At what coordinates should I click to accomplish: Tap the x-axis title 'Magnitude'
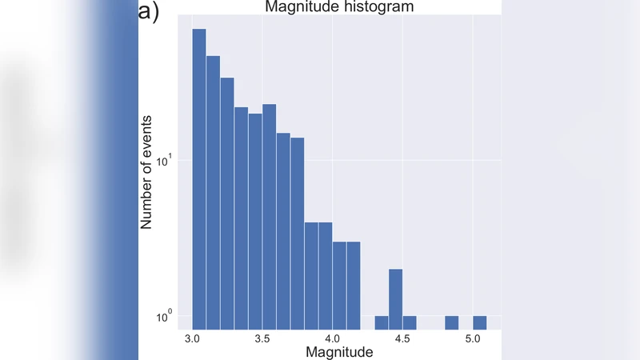(340, 352)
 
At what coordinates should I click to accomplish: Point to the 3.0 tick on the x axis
(192, 338)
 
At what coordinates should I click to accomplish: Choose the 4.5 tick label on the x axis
(402, 338)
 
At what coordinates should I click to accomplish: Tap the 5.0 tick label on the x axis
(473, 338)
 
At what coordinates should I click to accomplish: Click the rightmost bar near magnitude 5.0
(479, 322)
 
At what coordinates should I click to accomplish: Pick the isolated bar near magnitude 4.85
(451, 322)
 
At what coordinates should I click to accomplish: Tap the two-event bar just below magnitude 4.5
(395, 298)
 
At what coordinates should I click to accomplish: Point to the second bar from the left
(213, 192)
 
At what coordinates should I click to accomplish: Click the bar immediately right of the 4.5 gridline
(410, 322)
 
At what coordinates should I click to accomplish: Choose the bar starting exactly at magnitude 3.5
(269, 216)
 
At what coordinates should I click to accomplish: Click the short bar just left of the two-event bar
(382, 322)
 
